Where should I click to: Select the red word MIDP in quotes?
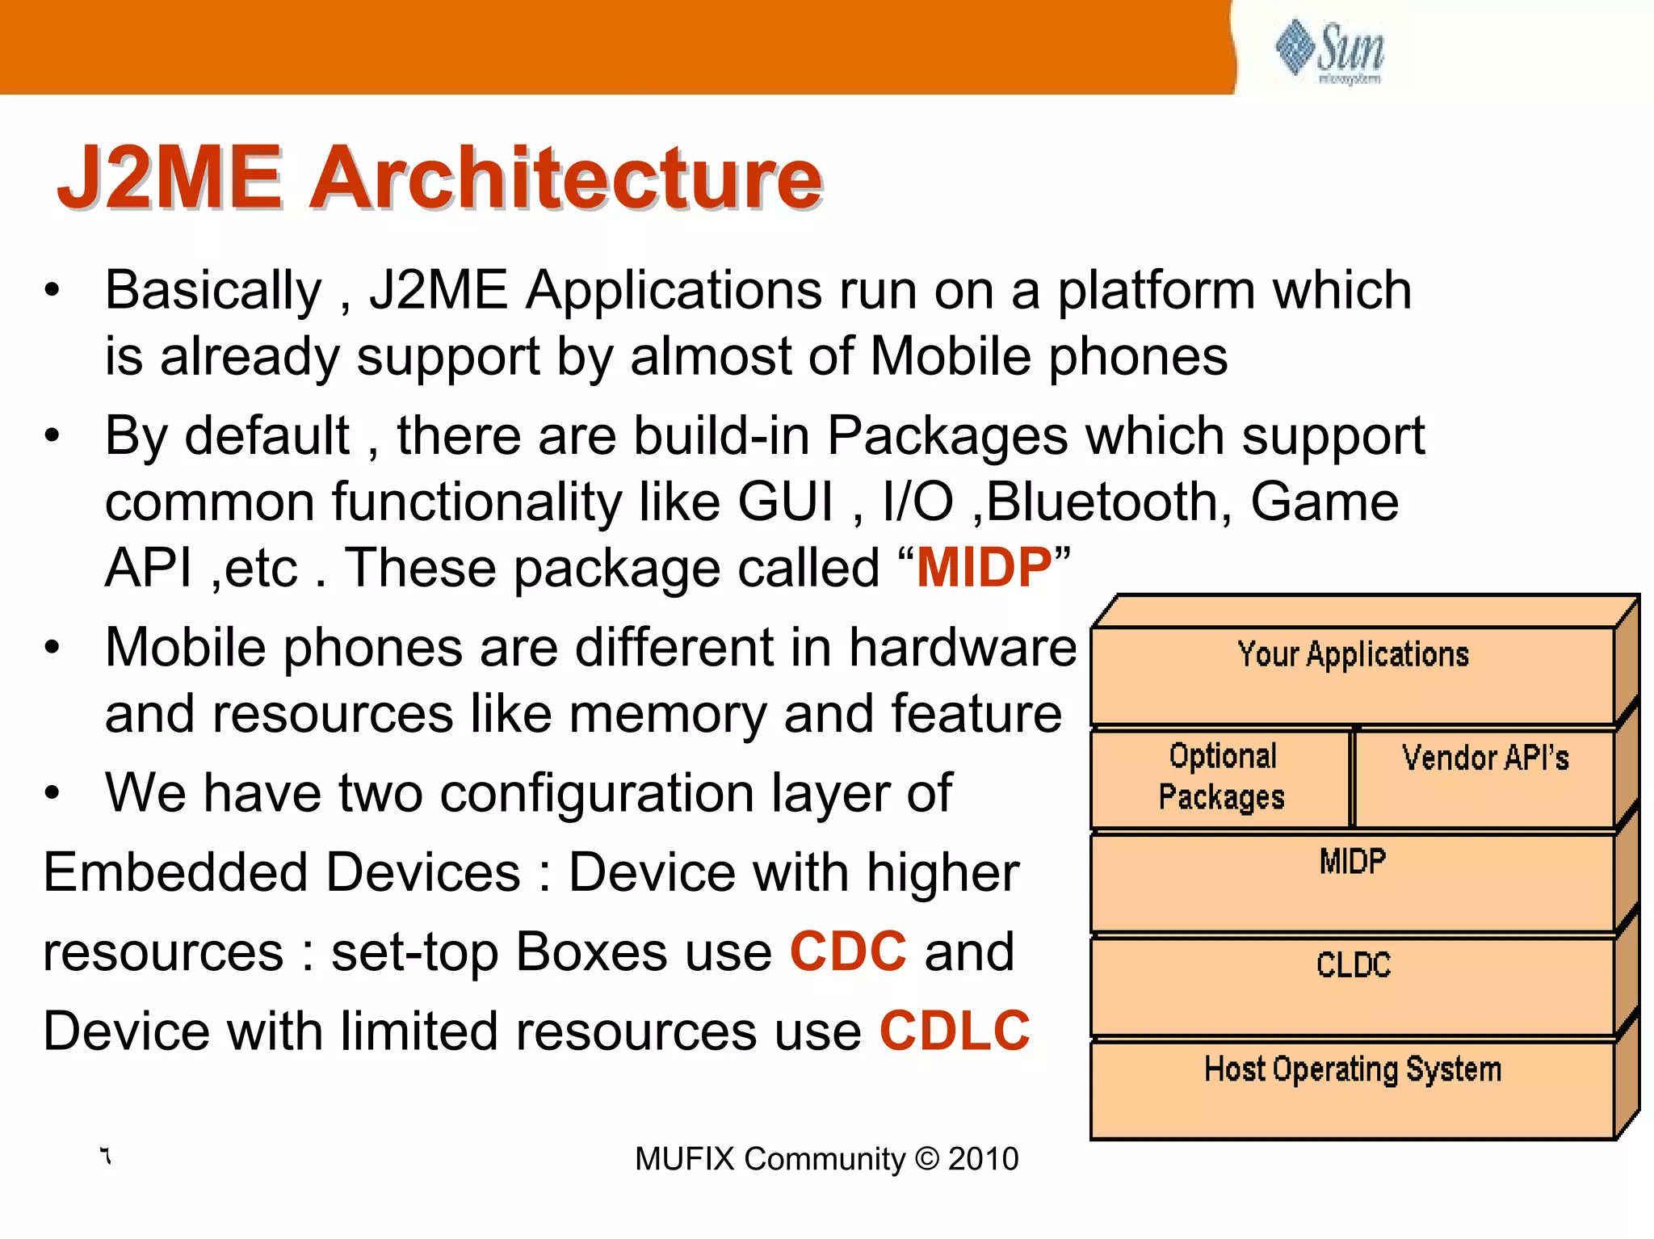pos(984,567)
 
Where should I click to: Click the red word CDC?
pos(848,951)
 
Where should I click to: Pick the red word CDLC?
pos(955,1031)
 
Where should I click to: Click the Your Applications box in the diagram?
pos(1353,674)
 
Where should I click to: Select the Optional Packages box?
pos(1221,777)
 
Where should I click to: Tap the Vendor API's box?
pos(1484,777)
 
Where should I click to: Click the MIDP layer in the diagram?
pos(1353,880)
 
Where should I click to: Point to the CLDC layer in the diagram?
pos(1353,984)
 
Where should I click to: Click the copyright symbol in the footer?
pos(927,1159)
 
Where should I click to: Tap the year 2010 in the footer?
pos(983,1159)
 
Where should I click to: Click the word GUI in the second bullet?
pos(785,502)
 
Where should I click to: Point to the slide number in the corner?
pos(106,1157)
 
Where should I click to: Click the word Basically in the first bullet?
pos(213,291)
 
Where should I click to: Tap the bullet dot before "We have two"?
pos(52,793)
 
